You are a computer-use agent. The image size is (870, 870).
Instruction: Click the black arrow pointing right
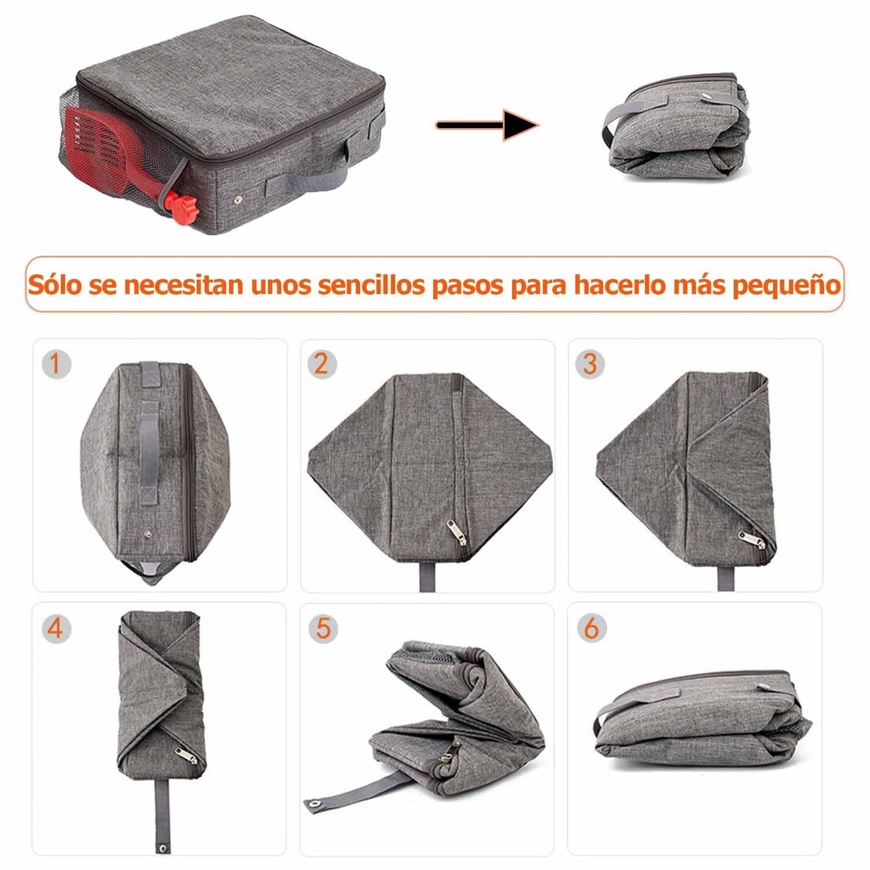click(487, 125)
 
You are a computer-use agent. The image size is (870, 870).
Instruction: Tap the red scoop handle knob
click(181, 205)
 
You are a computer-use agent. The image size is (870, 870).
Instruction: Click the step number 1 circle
click(56, 364)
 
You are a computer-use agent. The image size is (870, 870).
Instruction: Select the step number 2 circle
click(322, 364)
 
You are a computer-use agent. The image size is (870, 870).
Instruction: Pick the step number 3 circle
click(589, 364)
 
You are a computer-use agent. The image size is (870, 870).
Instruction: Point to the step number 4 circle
click(56, 628)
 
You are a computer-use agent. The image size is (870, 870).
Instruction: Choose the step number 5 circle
click(323, 628)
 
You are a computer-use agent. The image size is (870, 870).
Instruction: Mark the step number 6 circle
click(591, 628)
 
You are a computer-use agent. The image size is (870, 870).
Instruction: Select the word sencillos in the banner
click(371, 284)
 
